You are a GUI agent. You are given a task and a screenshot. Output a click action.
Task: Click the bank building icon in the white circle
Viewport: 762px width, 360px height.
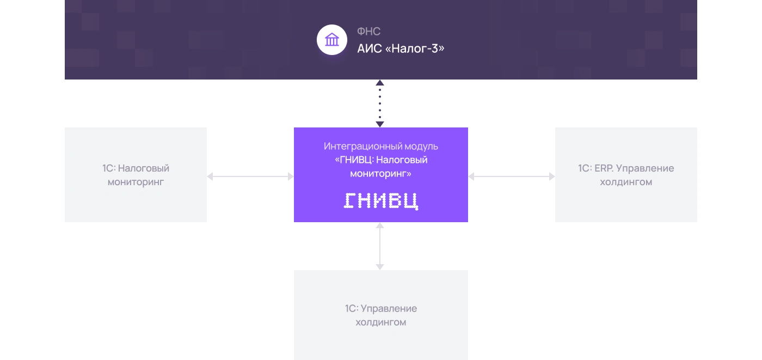click(x=332, y=40)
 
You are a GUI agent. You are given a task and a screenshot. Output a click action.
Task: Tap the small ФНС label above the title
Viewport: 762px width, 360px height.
click(x=369, y=31)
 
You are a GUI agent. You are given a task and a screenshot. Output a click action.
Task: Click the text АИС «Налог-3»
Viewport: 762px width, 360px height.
click(x=401, y=48)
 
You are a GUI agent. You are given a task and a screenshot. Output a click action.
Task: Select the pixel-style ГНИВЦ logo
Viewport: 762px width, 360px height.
click(x=381, y=201)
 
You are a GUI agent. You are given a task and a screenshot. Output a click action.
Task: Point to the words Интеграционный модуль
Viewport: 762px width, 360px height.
click(x=381, y=147)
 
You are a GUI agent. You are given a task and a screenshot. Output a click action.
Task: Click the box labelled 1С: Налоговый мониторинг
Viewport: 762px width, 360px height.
click(x=136, y=175)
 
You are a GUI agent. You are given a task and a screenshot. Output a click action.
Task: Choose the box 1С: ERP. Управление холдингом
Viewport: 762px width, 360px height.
click(x=626, y=175)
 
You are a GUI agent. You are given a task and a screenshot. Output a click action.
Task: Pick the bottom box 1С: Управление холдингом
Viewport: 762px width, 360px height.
click(x=381, y=315)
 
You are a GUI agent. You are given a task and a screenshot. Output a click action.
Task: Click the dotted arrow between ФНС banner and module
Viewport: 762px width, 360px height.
click(x=380, y=103)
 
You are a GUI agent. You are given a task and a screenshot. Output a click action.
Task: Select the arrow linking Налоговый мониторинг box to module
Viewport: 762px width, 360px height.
click(x=250, y=176)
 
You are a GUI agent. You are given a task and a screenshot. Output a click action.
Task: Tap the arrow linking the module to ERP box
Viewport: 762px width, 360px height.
click(x=512, y=176)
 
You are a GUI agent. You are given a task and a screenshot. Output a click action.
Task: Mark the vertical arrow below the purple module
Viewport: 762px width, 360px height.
click(x=380, y=246)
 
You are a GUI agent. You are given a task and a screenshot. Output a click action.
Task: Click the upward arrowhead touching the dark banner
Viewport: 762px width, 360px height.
click(x=380, y=83)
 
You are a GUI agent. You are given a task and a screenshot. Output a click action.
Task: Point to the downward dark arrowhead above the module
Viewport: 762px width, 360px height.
click(x=380, y=124)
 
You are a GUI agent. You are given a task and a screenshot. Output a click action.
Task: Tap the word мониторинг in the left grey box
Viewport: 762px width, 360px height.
click(x=136, y=182)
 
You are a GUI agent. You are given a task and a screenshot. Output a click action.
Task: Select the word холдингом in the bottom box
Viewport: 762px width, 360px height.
click(x=381, y=322)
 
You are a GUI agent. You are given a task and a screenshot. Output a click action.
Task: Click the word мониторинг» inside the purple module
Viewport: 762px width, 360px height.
click(x=381, y=174)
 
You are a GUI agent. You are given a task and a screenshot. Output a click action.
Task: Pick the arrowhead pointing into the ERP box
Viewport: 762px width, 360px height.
click(x=552, y=176)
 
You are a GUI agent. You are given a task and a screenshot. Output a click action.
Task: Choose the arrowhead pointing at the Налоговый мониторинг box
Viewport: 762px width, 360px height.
click(x=210, y=176)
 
